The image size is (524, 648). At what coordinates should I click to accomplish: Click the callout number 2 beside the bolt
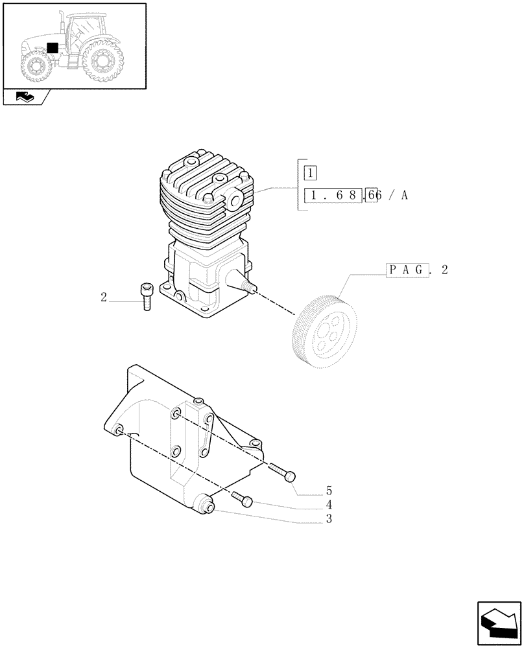click(104, 297)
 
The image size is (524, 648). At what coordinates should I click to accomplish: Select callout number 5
click(329, 491)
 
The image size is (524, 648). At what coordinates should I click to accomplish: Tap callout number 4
click(329, 505)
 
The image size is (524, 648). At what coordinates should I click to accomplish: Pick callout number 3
click(329, 518)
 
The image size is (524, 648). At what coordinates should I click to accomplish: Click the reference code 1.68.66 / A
click(356, 196)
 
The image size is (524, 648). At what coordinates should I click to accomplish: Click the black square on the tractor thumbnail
click(53, 48)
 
